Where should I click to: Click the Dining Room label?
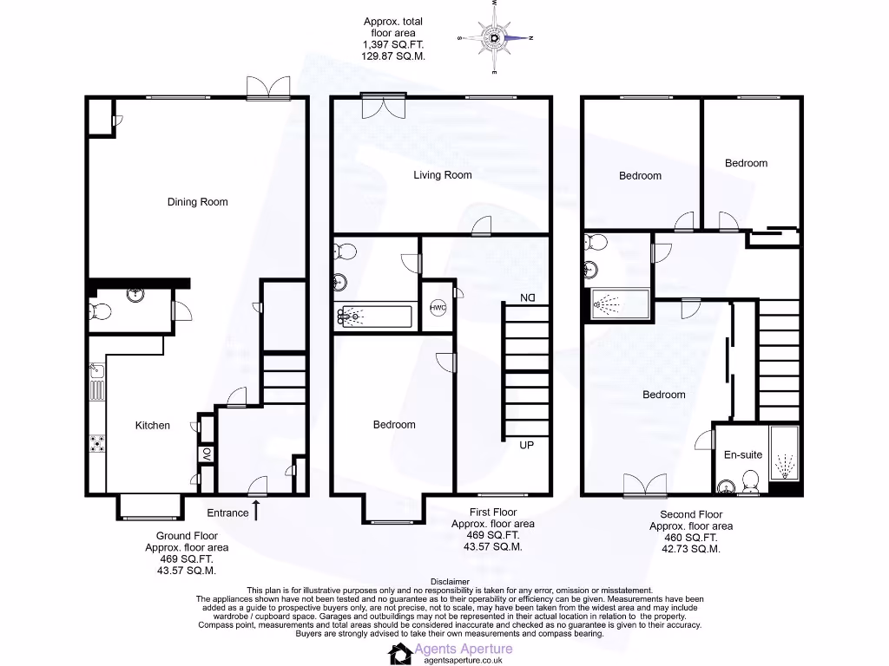click(197, 202)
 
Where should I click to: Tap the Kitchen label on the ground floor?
click(152, 425)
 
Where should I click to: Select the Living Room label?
click(442, 175)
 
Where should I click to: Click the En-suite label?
click(742, 454)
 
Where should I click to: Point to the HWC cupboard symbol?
click(438, 307)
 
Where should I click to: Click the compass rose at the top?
click(494, 38)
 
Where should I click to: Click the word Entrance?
click(227, 513)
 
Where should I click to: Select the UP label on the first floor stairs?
click(526, 446)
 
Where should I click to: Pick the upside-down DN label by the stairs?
click(527, 298)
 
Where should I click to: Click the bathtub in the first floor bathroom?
click(372, 317)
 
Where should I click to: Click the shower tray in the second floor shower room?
click(620, 303)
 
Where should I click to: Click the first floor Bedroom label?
click(394, 425)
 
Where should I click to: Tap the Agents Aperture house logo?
click(400, 653)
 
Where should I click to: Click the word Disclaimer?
click(450, 582)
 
